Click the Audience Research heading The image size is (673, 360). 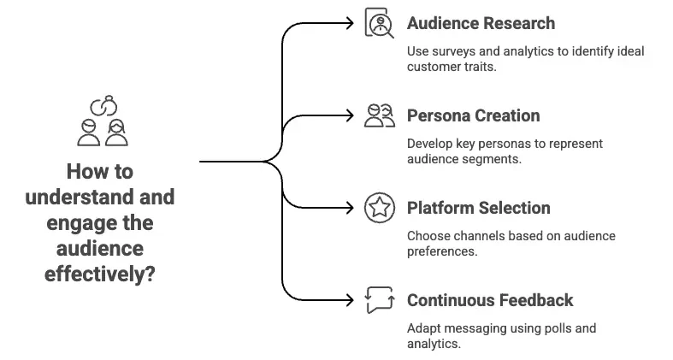click(481, 23)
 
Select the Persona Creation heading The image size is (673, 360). click(473, 115)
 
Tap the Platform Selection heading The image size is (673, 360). click(478, 208)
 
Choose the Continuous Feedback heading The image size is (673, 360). click(490, 300)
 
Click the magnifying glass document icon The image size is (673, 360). click(378, 23)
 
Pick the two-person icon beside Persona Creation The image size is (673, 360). click(379, 115)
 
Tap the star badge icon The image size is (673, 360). click(378, 208)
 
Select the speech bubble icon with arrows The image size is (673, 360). click(378, 300)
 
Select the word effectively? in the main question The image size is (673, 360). click(100, 275)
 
